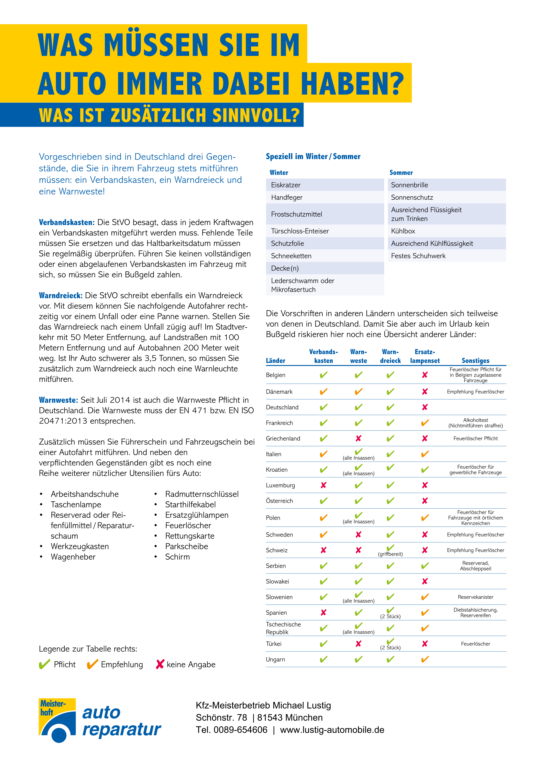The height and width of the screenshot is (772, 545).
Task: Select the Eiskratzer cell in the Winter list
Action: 286,185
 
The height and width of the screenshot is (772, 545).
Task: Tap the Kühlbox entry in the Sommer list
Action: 403,231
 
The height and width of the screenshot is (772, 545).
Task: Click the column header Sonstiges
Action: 475,361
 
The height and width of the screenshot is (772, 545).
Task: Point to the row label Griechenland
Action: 283,438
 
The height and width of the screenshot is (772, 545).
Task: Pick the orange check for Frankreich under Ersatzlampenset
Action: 425,423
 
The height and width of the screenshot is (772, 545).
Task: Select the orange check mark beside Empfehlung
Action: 92,664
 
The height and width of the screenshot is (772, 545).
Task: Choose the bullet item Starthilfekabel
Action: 190,504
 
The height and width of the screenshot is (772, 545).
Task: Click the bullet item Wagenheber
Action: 73,557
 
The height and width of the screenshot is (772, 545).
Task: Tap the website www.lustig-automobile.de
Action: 332,730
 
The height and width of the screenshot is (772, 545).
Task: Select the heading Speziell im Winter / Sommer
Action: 313,156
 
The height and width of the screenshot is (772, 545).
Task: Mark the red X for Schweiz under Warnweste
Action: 358,550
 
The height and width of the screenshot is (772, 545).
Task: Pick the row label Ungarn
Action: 275,659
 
